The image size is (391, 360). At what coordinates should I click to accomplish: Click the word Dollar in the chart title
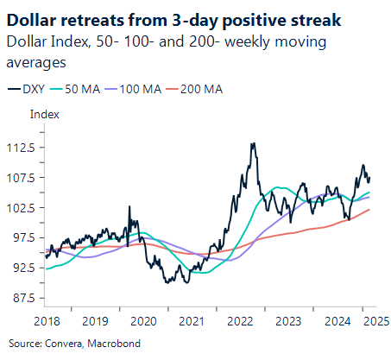[31, 18]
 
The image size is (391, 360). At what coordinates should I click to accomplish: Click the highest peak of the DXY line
[253, 143]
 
